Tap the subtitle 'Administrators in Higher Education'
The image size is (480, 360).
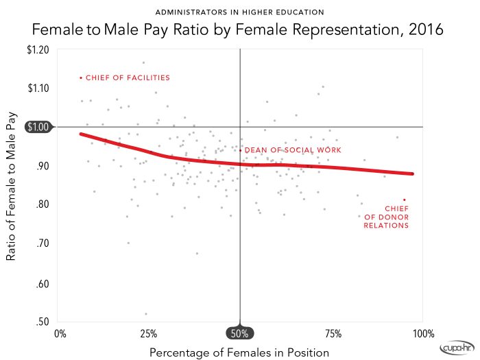(239, 12)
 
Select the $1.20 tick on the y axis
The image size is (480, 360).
(38, 49)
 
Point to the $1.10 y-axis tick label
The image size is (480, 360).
(38, 88)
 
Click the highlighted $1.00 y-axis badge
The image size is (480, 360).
(38, 127)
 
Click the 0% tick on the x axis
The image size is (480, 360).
(60, 334)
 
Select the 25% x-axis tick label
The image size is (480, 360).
(149, 334)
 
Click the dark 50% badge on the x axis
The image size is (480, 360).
(240, 333)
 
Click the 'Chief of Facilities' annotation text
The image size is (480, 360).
(128, 78)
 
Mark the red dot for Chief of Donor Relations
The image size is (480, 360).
(405, 200)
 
